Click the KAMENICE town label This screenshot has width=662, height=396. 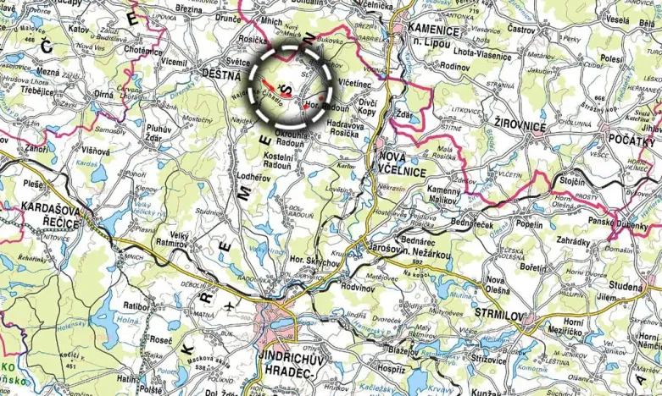pos(433,30)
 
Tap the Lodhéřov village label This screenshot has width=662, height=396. pos(253,177)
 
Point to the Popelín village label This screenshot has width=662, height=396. pos(528,226)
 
